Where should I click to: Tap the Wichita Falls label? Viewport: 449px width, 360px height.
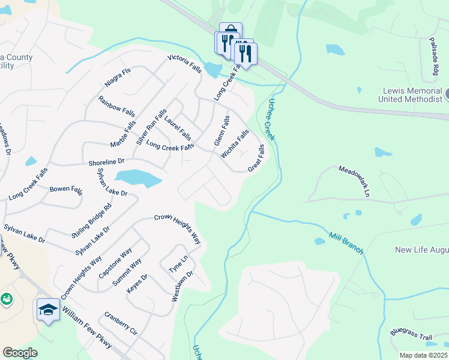235,144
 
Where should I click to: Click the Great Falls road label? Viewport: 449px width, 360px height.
256,158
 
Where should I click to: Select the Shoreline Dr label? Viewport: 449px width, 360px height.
106,162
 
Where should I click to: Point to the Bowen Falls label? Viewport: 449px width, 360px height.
66,190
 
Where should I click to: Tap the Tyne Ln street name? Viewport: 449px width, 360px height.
178,264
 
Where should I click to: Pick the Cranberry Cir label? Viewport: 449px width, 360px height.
121,322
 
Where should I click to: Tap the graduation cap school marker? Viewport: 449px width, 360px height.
48,309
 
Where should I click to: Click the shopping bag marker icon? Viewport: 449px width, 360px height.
231,32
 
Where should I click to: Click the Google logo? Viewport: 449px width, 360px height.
20,353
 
